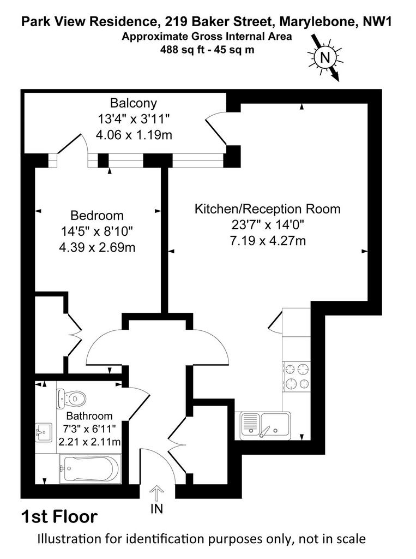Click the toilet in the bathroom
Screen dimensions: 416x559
(x=71, y=398)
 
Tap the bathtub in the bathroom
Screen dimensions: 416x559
(x=89, y=468)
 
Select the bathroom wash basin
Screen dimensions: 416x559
(x=44, y=432)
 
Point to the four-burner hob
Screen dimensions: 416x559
(x=297, y=376)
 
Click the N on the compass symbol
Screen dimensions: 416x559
(x=324, y=57)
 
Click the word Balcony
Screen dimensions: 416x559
(x=134, y=103)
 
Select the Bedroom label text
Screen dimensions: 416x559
(x=97, y=215)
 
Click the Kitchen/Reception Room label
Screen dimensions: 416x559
(x=268, y=209)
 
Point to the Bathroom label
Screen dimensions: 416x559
(x=89, y=415)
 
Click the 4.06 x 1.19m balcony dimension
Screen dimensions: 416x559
(x=134, y=135)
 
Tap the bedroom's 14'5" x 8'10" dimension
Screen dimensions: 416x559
(x=97, y=231)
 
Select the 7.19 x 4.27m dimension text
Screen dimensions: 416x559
(x=268, y=241)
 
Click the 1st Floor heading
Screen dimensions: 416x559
(x=59, y=516)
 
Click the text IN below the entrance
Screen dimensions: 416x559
(x=156, y=509)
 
